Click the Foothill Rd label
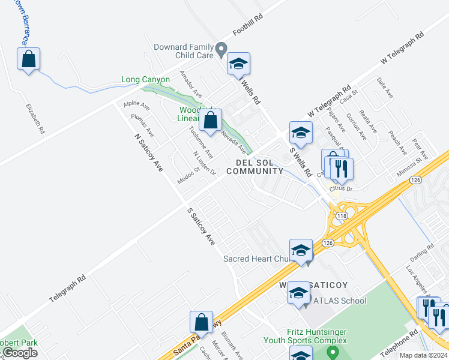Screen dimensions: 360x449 [x=248, y=27]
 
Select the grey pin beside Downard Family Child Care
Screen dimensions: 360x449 [x=221, y=48]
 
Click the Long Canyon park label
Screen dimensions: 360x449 [x=145, y=79]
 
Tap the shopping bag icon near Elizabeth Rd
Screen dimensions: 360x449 [x=28, y=59]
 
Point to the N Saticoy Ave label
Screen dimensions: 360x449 [x=148, y=152]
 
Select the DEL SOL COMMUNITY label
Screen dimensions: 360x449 [x=259, y=167]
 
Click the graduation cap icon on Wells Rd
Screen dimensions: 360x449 [x=238, y=64]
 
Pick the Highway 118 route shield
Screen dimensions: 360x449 [x=342, y=215]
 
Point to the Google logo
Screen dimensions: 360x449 [x=19, y=353]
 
